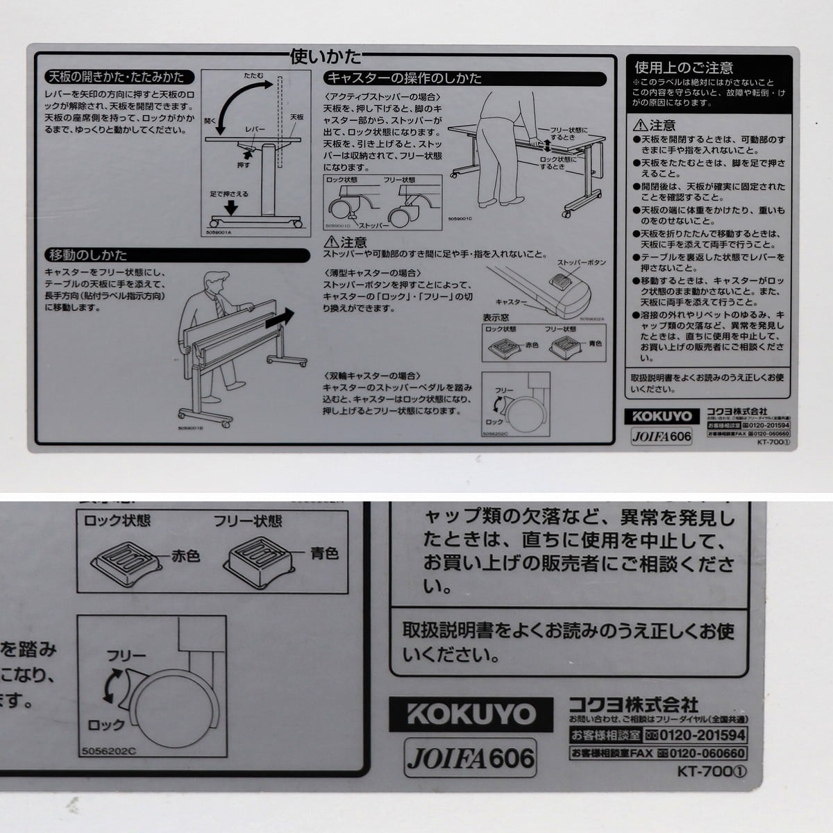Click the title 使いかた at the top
326,55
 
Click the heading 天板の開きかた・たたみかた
115,77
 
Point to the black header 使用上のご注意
684,67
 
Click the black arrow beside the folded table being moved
280,320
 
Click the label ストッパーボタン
582,263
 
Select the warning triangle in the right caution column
640,126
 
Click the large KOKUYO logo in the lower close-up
471,714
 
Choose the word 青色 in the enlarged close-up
323,553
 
